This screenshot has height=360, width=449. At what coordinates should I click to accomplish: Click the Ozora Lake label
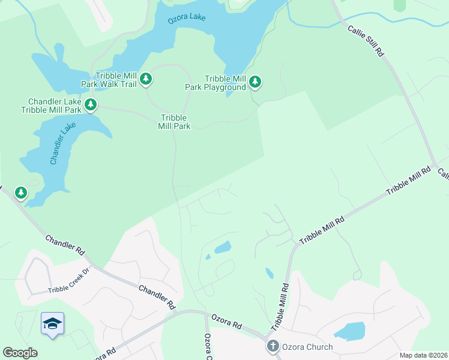(186, 18)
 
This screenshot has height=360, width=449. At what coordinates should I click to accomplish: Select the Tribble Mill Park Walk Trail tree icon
(145, 79)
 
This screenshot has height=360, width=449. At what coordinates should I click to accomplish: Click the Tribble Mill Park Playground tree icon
(255, 82)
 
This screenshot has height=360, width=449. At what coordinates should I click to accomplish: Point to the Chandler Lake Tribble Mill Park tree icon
(90, 105)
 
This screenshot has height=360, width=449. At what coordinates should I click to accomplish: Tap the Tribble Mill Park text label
(174, 122)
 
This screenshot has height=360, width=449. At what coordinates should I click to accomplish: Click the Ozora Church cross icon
(273, 346)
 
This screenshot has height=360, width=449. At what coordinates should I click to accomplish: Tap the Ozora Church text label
(307, 347)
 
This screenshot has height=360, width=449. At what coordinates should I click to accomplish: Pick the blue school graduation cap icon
(53, 323)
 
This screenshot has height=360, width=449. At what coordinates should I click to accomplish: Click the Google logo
(20, 353)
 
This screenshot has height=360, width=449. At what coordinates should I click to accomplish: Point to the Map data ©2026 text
(423, 355)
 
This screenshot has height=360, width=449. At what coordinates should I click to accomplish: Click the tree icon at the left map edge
(21, 193)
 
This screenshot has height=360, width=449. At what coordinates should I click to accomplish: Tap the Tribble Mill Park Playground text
(215, 83)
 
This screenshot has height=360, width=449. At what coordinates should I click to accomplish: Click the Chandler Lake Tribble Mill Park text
(51, 106)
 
